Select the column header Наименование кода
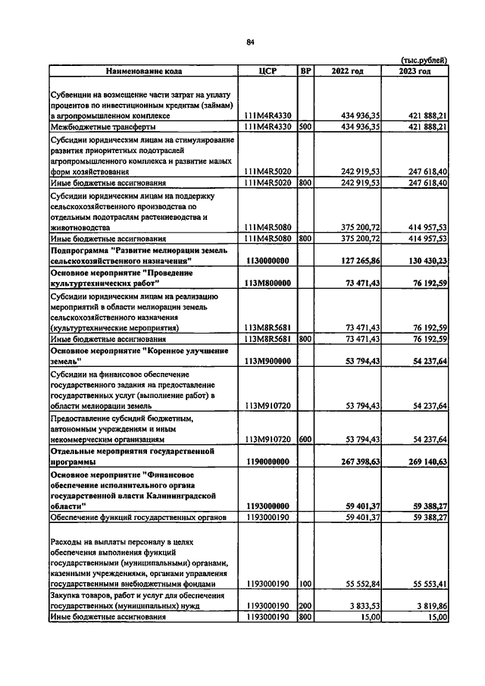[x=144, y=71]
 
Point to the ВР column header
[x=305, y=71]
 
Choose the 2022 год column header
[x=348, y=71]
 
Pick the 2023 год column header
[x=415, y=71]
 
